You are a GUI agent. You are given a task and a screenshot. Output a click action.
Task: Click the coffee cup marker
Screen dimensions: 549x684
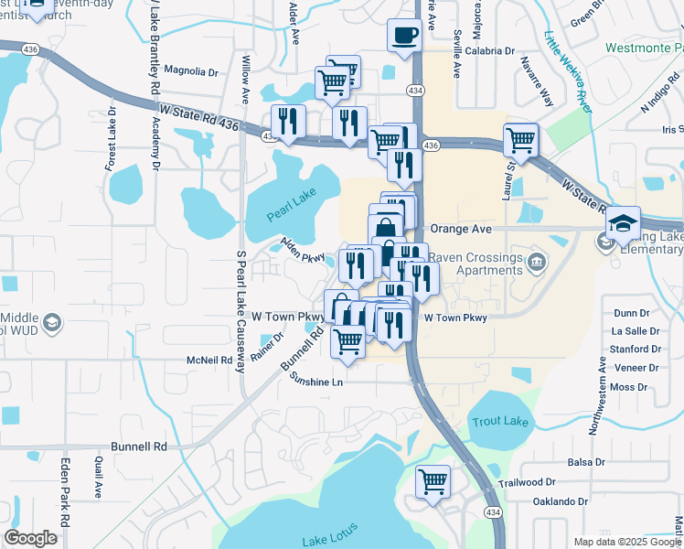point(404,37)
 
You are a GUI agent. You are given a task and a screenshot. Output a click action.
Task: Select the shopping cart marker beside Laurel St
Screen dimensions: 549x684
point(520,141)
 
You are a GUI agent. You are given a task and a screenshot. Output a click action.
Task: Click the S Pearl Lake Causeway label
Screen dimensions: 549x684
point(241,311)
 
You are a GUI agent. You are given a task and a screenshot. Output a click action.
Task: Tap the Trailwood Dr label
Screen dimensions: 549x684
point(527,481)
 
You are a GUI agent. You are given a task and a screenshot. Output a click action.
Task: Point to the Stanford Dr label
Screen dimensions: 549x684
point(636,350)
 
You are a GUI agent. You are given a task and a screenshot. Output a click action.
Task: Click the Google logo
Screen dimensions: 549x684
point(30,538)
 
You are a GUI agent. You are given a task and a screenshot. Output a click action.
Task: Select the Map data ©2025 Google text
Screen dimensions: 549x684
point(626,542)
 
